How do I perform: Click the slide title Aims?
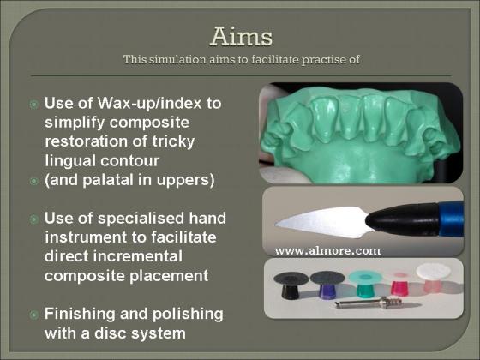(241, 36)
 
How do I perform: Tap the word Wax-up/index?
(150, 103)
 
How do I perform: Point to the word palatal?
(109, 180)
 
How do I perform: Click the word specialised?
(141, 219)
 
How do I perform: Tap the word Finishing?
(80, 315)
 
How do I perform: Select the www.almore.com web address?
(327, 251)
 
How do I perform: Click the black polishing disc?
(291, 284)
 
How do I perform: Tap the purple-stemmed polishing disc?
(327, 283)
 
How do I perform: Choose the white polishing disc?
(433, 277)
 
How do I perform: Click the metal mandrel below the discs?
(368, 303)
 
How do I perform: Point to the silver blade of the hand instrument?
(322, 222)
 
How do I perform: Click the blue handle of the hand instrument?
(451, 219)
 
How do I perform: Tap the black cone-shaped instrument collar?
(403, 219)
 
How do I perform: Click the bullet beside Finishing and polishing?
(34, 315)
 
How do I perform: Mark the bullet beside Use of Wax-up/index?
(34, 105)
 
